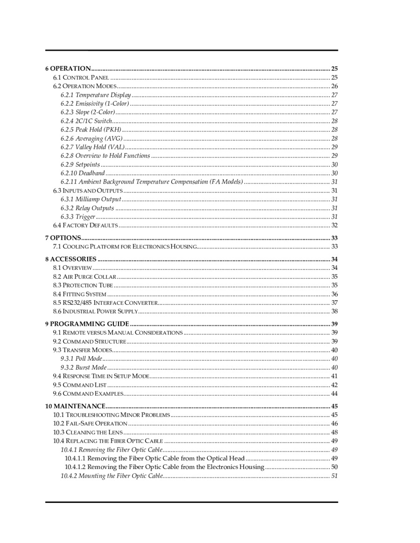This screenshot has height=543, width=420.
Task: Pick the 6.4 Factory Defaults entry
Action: click(x=85, y=226)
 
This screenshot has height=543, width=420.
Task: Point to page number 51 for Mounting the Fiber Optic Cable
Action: click(x=334, y=476)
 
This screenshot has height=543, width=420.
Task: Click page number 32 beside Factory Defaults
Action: click(x=334, y=226)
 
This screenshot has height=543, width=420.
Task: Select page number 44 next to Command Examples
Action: click(x=334, y=394)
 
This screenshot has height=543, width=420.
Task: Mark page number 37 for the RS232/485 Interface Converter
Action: click(x=334, y=303)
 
